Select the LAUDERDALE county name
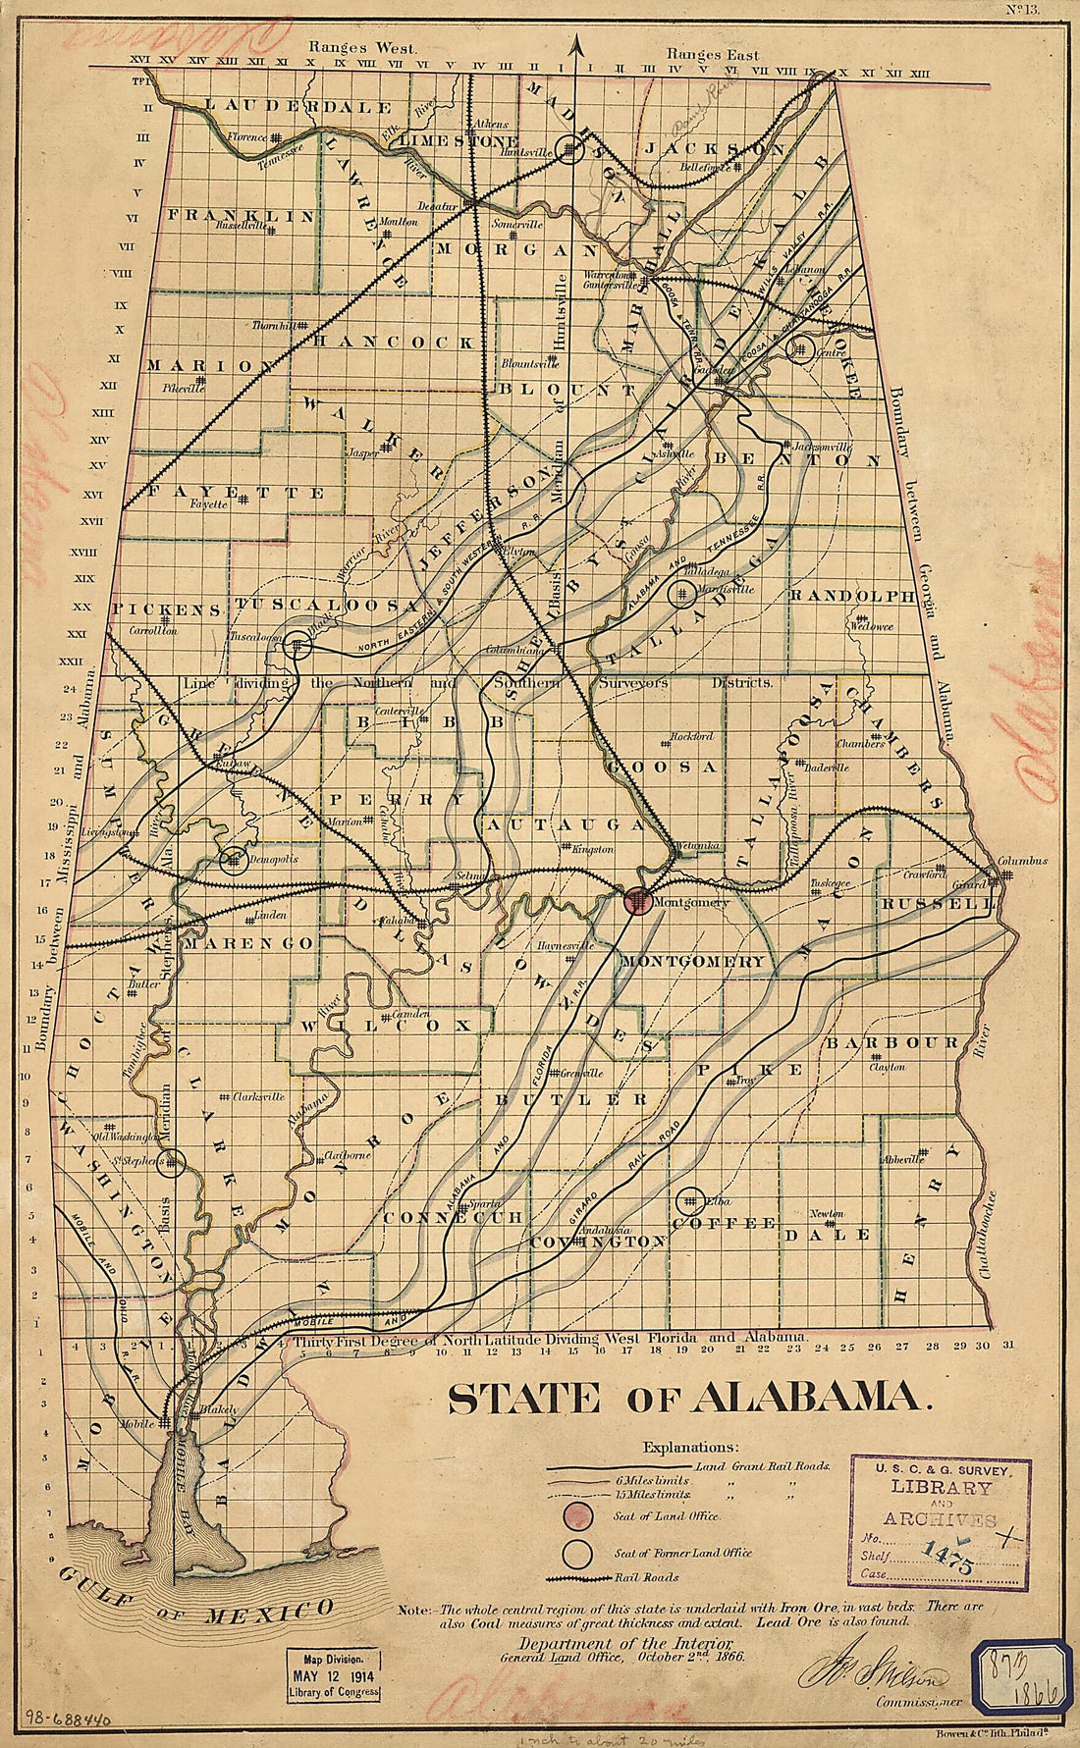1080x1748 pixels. pyautogui.click(x=298, y=106)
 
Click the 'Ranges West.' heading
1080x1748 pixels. pyautogui.click(x=362, y=46)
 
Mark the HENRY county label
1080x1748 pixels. pyautogui.click(x=898, y=1242)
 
